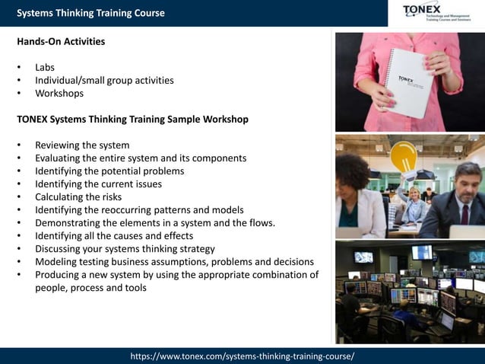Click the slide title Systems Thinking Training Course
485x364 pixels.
coord(90,13)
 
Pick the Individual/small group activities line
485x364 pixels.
coord(104,80)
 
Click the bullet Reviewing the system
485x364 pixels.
coord(82,145)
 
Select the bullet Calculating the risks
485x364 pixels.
coord(78,197)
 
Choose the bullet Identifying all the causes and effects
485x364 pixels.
coord(114,236)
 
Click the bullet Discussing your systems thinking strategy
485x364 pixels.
coord(125,249)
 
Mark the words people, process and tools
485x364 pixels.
coord(90,288)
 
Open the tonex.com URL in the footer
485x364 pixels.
coord(242,356)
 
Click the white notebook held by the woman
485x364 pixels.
coord(408,81)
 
